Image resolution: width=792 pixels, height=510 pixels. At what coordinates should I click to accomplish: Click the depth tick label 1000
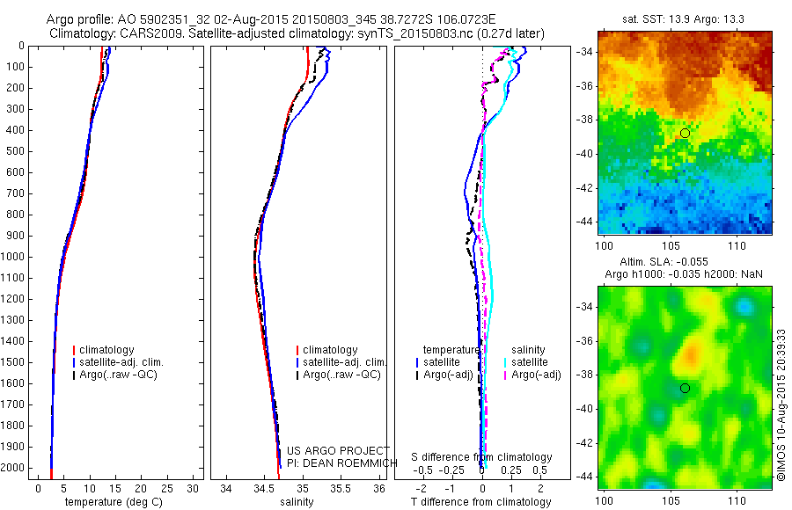pyautogui.click(x=14, y=257)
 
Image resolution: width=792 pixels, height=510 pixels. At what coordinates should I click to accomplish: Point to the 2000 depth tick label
pyautogui.click(x=14, y=468)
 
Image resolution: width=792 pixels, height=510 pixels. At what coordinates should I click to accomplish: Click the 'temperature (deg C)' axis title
pyautogui.click(x=111, y=502)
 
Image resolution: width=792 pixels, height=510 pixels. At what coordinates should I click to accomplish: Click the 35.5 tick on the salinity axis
pyautogui.click(x=341, y=488)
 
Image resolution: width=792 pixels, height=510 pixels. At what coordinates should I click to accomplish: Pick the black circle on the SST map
pyautogui.click(x=685, y=133)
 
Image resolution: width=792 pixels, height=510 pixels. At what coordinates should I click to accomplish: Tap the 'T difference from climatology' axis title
pyautogui.click(x=480, y=502)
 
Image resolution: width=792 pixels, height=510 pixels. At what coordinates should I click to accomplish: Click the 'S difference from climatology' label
pyautogui.click(x=482, y=457)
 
